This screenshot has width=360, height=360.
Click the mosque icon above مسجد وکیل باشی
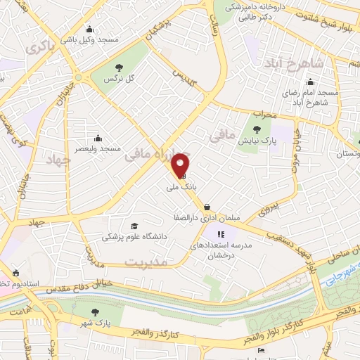tap(89, 30)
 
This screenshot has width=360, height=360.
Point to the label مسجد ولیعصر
tap(102, 148)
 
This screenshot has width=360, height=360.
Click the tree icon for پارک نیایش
tap(257, 129)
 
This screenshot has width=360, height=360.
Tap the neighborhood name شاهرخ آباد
tap(295, 64)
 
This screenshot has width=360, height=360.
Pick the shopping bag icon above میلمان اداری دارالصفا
tap(207, 207)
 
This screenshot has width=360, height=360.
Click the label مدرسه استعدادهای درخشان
tap(221, 248)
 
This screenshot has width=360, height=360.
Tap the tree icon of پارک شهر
tap(96, 310)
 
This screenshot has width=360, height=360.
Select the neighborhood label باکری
tap(39, 47)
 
